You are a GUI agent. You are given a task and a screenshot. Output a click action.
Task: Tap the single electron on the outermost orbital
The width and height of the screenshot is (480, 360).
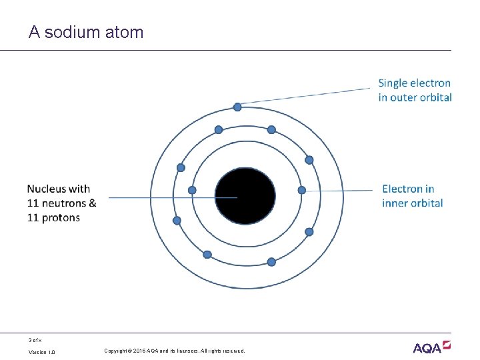pos(237,107)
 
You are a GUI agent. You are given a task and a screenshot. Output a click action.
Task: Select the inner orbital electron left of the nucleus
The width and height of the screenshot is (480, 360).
pos(193,190)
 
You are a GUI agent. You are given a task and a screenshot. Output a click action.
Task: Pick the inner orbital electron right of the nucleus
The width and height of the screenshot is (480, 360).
pos(301,190)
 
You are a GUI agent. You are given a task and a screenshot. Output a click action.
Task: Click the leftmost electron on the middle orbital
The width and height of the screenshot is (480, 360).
pos(177,221)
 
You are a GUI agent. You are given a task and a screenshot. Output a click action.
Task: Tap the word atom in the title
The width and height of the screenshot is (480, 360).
pos(124,32)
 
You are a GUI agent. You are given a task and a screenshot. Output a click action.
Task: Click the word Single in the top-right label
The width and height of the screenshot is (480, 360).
pos(393,83)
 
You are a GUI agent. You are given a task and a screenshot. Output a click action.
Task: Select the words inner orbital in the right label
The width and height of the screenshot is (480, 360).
pos(413,203)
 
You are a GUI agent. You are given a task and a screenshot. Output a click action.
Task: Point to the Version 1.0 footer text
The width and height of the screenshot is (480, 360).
pos(42,351)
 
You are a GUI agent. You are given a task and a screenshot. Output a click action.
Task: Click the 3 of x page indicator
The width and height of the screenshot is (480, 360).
pos(35,340)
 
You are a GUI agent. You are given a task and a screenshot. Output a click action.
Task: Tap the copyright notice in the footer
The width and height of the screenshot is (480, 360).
pos(175,351)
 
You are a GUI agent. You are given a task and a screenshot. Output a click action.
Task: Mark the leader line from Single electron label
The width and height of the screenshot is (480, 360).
pos(307,96)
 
